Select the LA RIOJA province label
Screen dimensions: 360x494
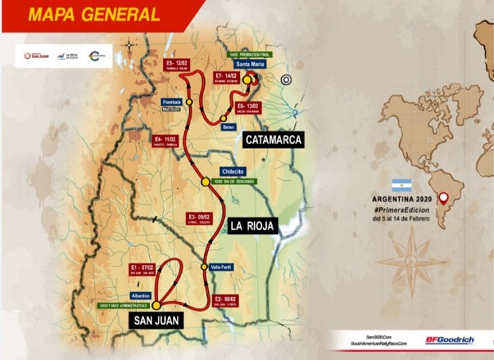(x=252, y=226)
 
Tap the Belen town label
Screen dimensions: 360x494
(x=230, y=127)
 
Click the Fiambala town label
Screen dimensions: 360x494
(x=172, y=102)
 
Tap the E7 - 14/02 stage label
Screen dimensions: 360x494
(x=229, y=75)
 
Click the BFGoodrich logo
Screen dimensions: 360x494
(x=450, y=340)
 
